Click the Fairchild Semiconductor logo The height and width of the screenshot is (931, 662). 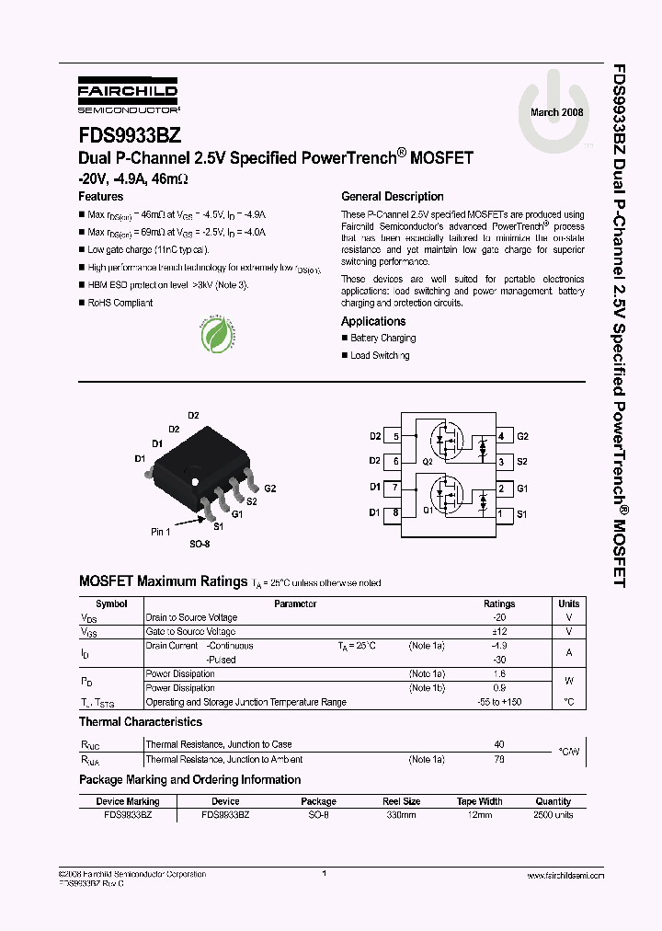tap(128, 95)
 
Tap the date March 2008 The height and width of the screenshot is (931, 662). tap(557, 112)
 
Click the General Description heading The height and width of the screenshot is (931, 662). tap(392, 197)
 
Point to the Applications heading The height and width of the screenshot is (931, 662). tap(373, 322)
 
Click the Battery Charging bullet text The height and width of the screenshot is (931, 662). tap(382, 339)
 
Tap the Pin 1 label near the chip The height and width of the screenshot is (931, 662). tap(161, 532)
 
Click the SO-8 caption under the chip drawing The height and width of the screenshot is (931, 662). tap(200, 545)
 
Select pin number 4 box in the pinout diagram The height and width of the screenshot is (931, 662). tap(500, 436)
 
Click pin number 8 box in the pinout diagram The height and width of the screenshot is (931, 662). tap(395, 513)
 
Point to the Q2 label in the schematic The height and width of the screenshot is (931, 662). tap(427, 461)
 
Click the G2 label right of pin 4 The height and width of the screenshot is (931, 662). tap(523, 436)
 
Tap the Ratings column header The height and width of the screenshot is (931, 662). tap(499, 604)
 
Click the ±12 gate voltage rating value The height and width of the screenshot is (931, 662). tap(499, 632)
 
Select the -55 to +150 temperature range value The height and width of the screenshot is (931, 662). tap(499, 702)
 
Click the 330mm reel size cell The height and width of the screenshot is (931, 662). tap(401, 815)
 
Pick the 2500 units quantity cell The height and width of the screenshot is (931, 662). tap(553, 815)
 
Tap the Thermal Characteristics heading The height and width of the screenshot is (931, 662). tap(141, 723)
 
